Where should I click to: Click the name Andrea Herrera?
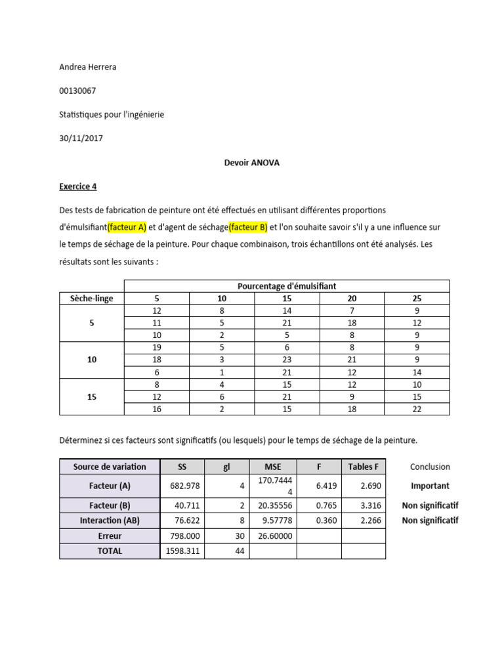click(87, 68)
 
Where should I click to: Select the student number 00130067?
click(78, 91)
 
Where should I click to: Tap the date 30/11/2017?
click(81, 138)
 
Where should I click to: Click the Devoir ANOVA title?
click(251, 163)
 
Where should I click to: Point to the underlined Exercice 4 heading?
click(78, 186)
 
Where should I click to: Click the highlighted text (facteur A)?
click(127, 228)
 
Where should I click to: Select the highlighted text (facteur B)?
click(248, 228)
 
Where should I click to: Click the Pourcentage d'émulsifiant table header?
click(287, 285)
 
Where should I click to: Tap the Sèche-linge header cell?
click(91, 298)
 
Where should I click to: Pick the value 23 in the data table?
click(287, 360)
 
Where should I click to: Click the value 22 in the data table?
click(417, 409)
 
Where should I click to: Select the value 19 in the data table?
click(156, 348)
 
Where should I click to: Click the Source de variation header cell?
click(110, 467)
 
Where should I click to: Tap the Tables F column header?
click(364, 467)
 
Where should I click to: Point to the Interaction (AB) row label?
click(110, 520)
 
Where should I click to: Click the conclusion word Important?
click(430, 486)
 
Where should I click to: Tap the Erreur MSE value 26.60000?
click(273, 536)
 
